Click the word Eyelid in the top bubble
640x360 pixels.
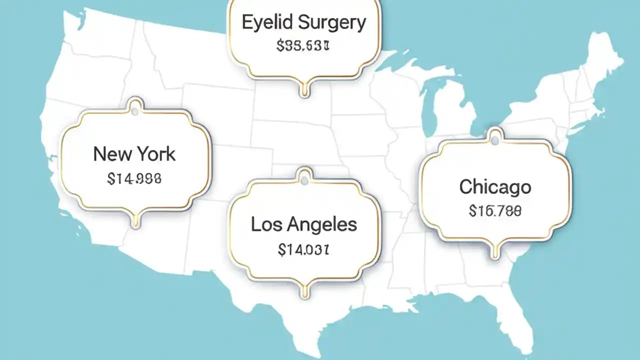click(x=266, y=23)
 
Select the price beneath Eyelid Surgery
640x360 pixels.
click(x=303, y=46)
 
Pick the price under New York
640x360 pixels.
click(x=134, y=178)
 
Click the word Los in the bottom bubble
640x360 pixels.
click(x=263, y=224)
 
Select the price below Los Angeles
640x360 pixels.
click(x=303, y=249)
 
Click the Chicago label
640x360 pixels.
click(x=495, y=187)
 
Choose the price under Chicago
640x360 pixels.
click(x=495, y=211)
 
